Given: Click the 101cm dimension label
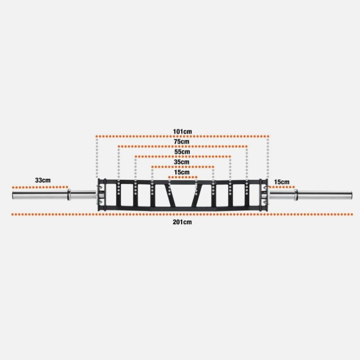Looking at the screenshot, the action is [182, 131].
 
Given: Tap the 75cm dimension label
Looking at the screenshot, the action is [182, 142].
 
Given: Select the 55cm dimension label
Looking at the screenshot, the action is [182, 152].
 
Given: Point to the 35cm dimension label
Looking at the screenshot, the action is [182, 162].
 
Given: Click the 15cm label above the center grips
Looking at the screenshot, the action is [182, 172].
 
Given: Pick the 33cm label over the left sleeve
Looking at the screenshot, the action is [43, 180].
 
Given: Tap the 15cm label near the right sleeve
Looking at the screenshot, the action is [282, 182].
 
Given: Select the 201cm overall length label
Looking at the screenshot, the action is [182, 222].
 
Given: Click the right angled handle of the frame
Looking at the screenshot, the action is [199, 195].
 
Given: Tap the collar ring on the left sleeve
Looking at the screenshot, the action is [69, 194].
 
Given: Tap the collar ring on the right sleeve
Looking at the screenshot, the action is [296, 195].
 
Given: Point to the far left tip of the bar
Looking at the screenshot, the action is [12, 195].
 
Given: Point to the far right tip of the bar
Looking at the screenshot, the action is [352, 195].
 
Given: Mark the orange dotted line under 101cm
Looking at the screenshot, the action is [182, 136].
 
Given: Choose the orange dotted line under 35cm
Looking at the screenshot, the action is [183, 167].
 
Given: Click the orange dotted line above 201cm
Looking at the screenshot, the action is [182, 215].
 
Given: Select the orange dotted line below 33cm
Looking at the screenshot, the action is [40, 187].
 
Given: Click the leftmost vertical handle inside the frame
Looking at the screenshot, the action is [118, 194].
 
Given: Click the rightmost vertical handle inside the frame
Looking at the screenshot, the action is [247, 194].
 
